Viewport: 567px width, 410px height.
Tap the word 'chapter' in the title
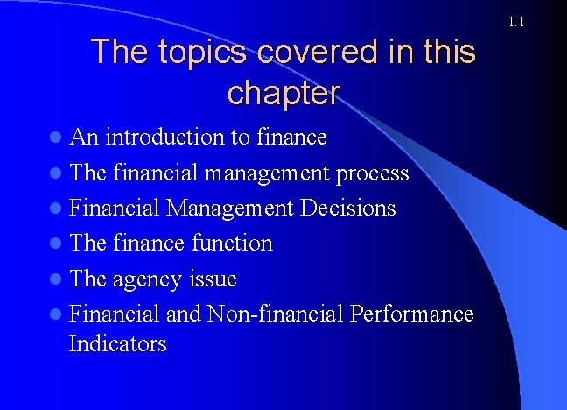tap(283, 92)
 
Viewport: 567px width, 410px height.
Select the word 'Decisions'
tap(348, 209)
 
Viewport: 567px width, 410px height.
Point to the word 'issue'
tap(213, 279)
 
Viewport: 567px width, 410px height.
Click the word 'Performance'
tap(412, 314)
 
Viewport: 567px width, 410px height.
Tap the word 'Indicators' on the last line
tap(117, 343)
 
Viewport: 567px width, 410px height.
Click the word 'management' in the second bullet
tap(269, 173)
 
